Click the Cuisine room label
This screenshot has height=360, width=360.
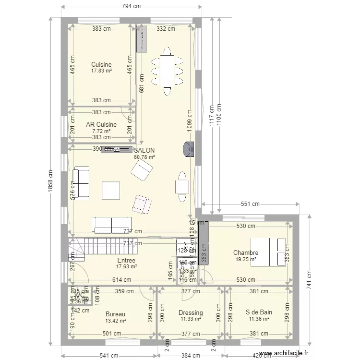click(101, 64)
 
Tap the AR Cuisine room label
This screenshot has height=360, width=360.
click(101, 124)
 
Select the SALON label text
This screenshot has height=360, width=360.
click(144, 150)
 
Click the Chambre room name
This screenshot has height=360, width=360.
click(246, 253)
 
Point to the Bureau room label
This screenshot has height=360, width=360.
click(115, 314)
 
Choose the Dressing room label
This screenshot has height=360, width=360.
click(191, 312)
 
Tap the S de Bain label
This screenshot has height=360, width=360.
click(260, 312)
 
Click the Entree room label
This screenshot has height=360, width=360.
click(126, 261)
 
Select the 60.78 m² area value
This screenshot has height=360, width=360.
click(144, 157)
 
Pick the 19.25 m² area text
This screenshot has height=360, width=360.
click(246, 259)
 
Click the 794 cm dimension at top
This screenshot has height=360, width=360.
click(131, 6)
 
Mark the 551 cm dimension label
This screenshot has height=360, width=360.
click(250, 204)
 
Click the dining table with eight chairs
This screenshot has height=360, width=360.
click(167, 71)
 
